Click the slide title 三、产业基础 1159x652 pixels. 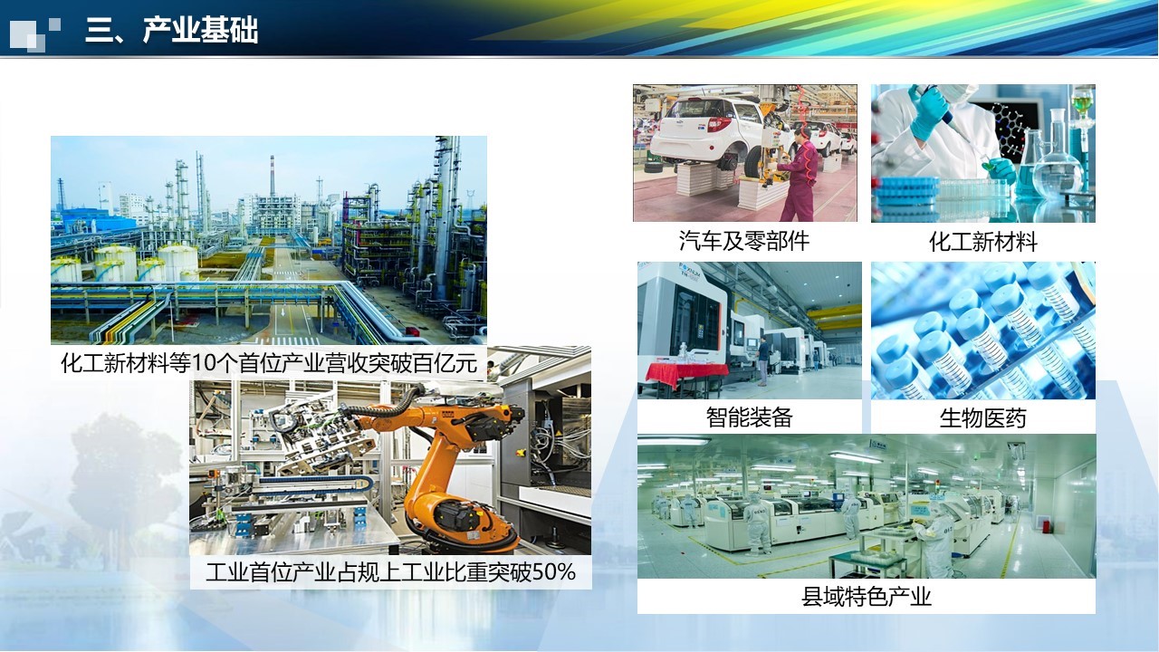[172, 30]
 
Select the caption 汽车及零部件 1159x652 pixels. [744, 241]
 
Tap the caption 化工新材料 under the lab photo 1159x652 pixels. [983, 242]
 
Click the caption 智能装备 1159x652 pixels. [749, 417]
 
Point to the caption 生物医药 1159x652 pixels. [983, 418]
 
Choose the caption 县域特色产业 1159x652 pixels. [867, 596]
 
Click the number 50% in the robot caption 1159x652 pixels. [553, 572]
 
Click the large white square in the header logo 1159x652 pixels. [24, 35]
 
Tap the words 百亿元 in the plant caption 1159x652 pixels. [445, 363]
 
